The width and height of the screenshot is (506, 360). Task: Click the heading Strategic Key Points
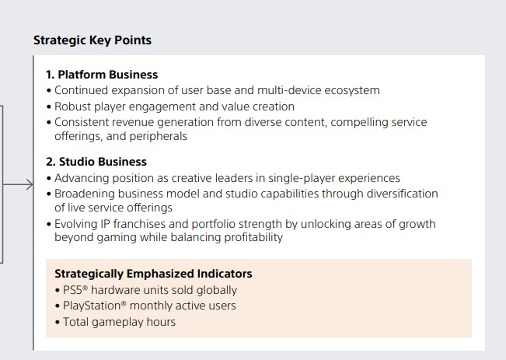92,40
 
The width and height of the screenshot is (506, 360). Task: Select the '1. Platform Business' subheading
102,75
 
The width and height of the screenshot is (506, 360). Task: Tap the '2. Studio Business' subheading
96,162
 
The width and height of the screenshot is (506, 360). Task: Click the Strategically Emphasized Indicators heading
153,274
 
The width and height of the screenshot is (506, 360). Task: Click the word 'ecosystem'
352,91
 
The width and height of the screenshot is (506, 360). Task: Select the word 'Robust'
72,107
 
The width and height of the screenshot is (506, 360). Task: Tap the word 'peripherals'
158,137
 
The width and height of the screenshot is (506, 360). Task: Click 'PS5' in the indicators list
72,290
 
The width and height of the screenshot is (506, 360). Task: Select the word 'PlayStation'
92,306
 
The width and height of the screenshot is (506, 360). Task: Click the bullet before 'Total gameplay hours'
58,322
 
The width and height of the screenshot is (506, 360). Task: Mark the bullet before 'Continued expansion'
49,91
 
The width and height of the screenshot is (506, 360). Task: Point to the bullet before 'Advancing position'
49,179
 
